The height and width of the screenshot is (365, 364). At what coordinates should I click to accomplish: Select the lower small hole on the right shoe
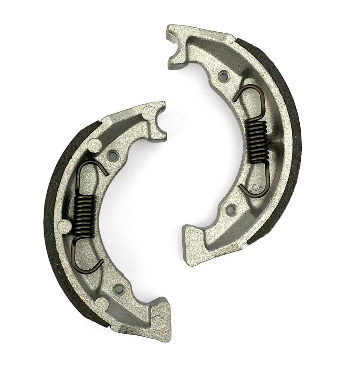pyautogui.click(x=231, y=208)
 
